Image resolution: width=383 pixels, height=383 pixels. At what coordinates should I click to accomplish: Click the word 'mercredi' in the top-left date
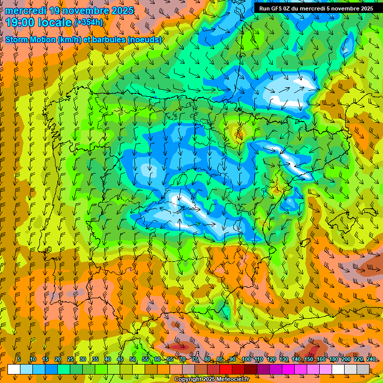pyautogui.click(x=24, y=10)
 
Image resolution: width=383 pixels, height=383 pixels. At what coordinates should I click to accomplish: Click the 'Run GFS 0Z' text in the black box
pyautogui.click(x=276, y=8)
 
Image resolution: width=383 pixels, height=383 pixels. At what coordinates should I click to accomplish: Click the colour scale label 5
pyautogui.click(x=19, y=359)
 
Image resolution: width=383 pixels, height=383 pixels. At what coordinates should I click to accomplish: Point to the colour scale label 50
pyautogui.click(x=133, y=359)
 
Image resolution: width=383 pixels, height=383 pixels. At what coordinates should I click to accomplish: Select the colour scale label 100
pyautogui.click(x=246, y=359)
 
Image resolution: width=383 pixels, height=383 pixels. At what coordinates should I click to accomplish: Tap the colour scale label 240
pyautogui.click(x=371, y=359)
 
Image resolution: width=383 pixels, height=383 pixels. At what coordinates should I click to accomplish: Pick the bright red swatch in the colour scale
pyautogui.click(x=226, y=369)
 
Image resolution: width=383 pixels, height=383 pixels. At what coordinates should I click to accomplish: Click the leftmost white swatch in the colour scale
pyautogui.click(x=14, y=369)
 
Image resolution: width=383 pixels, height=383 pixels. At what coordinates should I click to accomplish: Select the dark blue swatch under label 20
pyautogui.click(x=51, y=369)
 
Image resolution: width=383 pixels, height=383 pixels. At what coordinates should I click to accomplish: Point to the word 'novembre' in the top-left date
pyautogui.click(x=81, y=10)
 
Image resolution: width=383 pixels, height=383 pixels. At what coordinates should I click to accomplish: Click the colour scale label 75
pyautogui.click(x=195, y=359)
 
